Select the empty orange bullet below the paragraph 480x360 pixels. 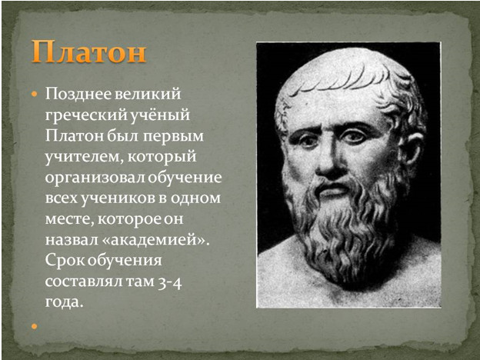tap(35, 326)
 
